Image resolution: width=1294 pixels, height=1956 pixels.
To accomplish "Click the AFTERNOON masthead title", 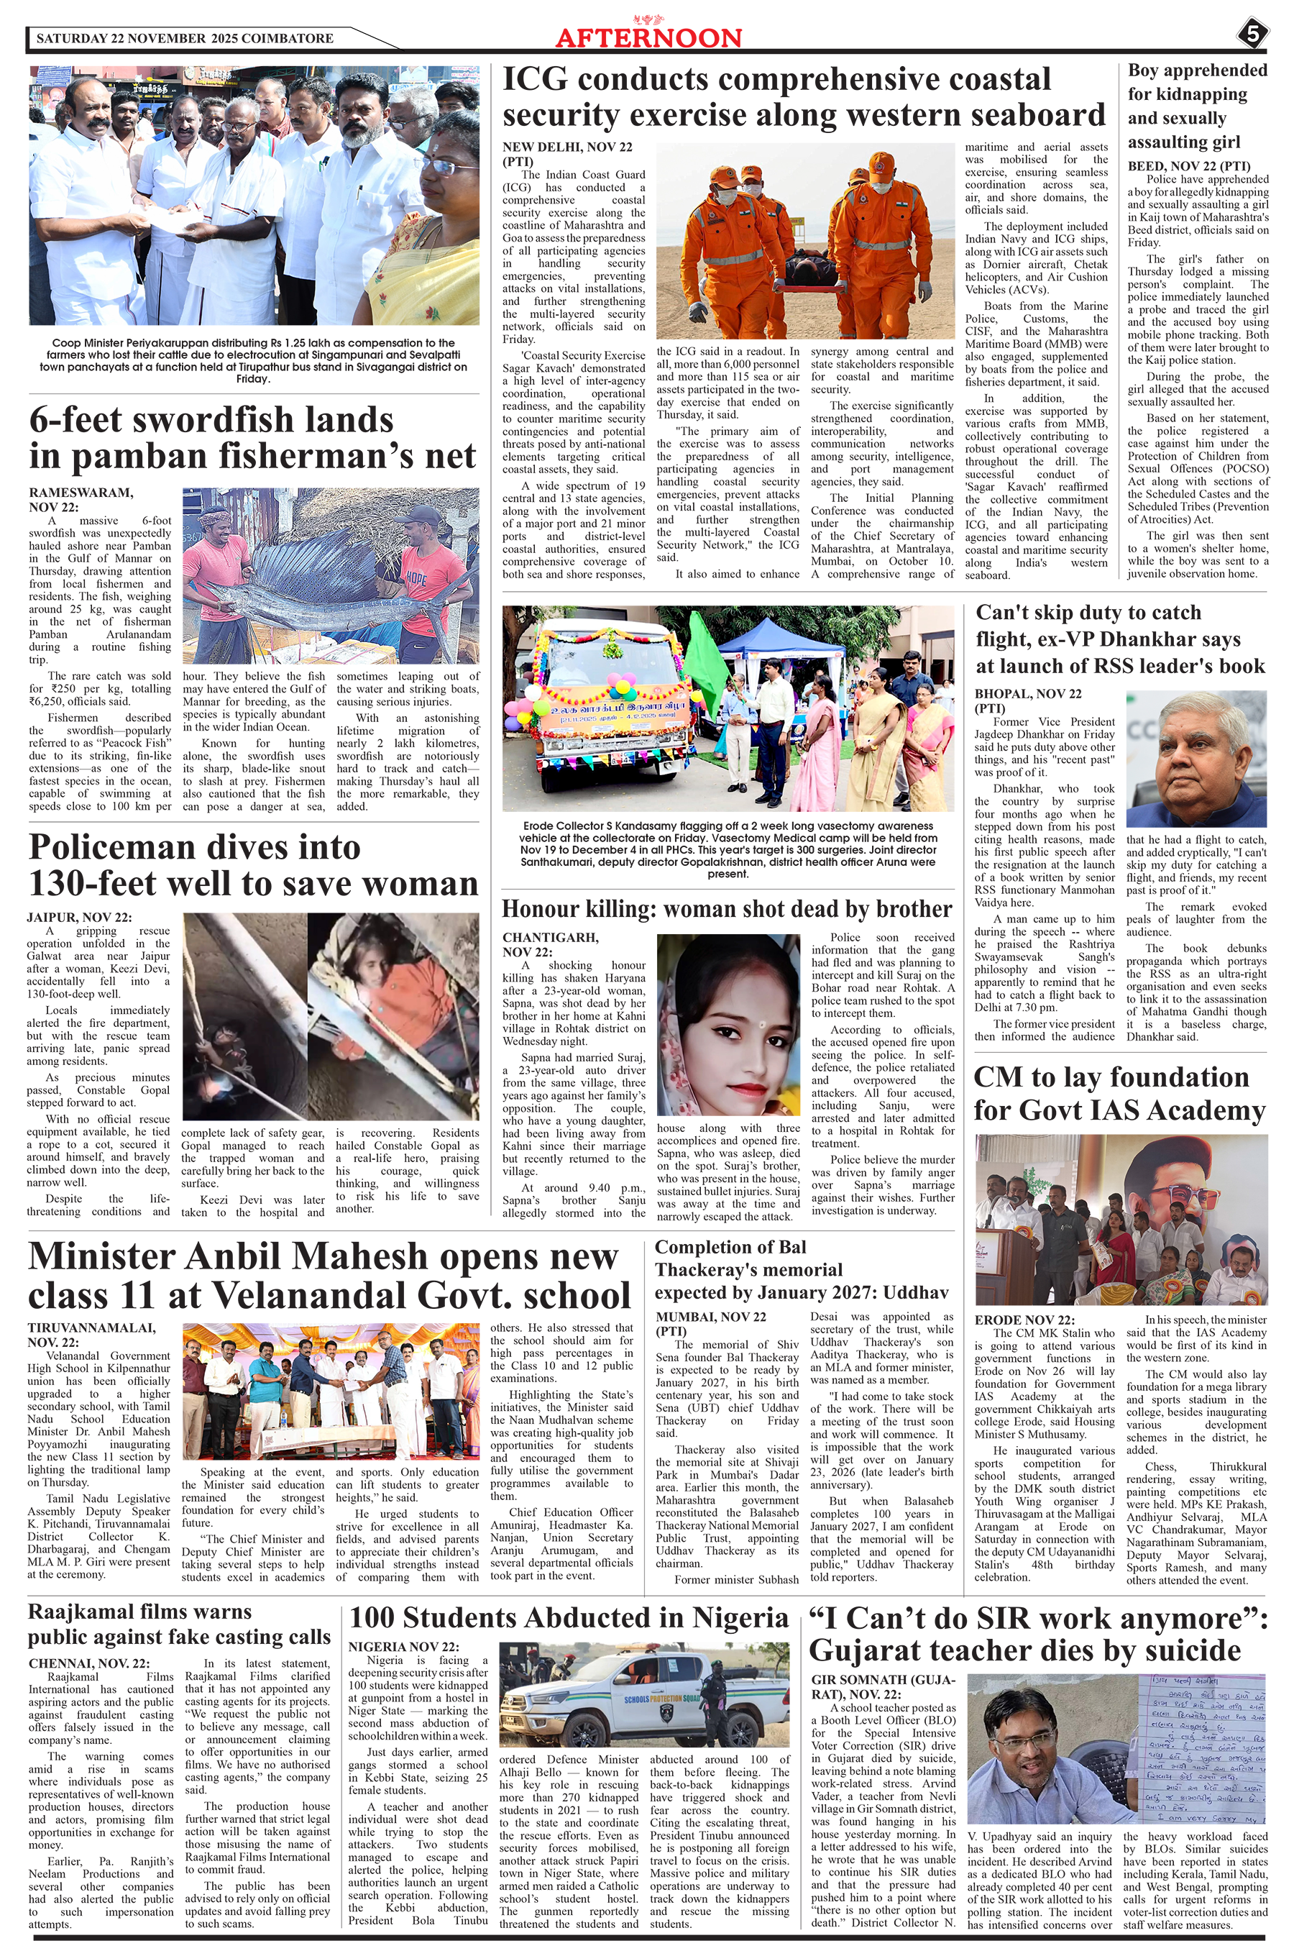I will tap(648, 38).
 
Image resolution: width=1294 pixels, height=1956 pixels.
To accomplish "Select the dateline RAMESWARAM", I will tap(81, 493).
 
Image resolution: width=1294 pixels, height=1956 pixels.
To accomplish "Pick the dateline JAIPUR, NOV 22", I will tap(79, 917).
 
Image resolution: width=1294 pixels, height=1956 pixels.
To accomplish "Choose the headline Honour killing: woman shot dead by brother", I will tap(726, 909).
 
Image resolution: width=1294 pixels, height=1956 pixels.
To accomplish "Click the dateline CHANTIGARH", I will tap(551, 938).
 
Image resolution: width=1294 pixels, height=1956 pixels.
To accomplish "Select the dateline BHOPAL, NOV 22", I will tap(1027, 693).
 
